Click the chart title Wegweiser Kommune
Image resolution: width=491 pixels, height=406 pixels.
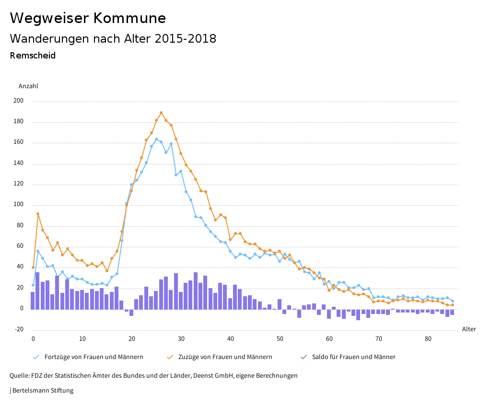point(88,18)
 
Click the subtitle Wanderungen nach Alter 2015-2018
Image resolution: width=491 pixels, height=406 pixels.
point(113,39)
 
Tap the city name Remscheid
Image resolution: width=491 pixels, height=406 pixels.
point(33,56)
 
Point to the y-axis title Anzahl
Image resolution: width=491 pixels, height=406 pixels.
point(28,86)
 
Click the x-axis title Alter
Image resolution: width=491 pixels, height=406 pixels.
point(469,329)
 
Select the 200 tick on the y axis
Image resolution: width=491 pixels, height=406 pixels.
point(18,101)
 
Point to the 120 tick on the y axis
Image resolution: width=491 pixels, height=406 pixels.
point(18,185)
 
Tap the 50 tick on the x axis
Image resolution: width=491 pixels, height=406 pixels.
point(280,339)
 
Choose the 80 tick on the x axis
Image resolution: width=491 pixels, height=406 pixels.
point(428,339)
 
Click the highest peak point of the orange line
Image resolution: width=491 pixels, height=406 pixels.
point(161,113)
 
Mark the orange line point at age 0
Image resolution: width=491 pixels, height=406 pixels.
point(33,267)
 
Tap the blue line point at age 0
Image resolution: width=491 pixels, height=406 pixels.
point(33,285)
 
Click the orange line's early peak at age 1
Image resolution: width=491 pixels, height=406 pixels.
point(38,214)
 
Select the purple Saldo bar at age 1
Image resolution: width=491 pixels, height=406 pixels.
point(37,290)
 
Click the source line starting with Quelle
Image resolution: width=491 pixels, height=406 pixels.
point(153,376)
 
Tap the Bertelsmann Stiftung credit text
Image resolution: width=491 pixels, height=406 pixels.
point(42,391)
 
